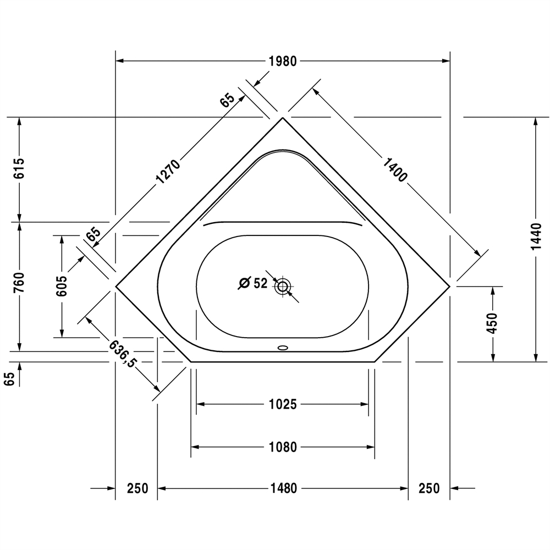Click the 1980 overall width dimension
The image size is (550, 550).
[283, 62]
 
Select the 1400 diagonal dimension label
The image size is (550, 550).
[394, 170]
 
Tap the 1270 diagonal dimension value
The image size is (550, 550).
[168, 172]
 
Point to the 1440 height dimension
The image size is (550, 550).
[536, 237]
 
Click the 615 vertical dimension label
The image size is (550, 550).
[20, 168]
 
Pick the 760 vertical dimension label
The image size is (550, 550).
[20, 283]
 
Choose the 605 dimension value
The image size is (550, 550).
[62, 286]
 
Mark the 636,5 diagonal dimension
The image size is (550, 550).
[122, 354]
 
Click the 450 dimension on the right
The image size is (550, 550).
[493, 323]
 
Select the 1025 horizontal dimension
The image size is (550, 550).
[283, 404]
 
